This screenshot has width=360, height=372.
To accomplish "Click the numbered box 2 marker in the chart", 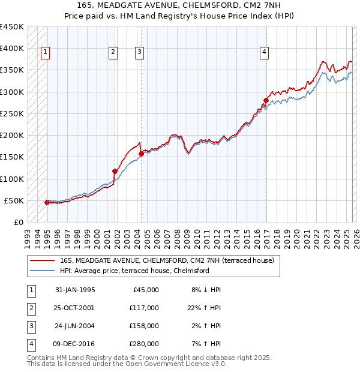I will pyautogui.click(x=112, y=53).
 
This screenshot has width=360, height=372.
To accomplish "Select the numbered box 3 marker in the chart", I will pyautogui.click(x=139, y=53).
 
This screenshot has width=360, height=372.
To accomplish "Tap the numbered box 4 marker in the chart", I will pyautogui.click(x=263, y=53).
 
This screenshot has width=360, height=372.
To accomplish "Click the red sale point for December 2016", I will pyautogui.click(x=266, y=100).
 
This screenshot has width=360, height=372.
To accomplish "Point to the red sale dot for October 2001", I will pyautogui.click(x=115, y=171).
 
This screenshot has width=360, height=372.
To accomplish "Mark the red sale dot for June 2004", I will pyautogui.click(x=141, y=154).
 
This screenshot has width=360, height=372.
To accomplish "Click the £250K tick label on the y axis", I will pyautogui.click(x=12, y=113).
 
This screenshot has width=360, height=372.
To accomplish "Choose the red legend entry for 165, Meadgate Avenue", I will pyautogui.click(x=166, y=260).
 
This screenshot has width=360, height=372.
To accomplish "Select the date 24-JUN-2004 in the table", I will pyautogui.click(x=75, y=326).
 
